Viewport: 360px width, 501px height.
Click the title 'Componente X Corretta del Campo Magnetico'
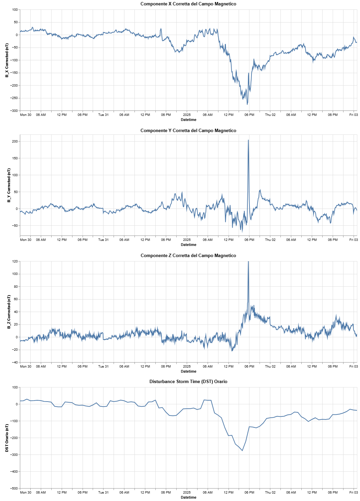click(x=188, y=4)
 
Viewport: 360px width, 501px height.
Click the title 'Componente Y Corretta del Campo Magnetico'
click(x=188, y=131)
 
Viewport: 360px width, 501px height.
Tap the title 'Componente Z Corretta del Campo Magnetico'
click(x=188, y=256)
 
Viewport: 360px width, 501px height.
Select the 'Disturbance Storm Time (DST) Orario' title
click(x=188, y=382)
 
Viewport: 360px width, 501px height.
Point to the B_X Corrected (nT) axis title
click(x=7, y=60)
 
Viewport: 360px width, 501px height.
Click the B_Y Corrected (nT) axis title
click(x=9, y=185)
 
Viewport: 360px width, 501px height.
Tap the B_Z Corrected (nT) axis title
click(x=9, y=312)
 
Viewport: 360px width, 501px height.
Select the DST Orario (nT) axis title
click(x=7, y=438)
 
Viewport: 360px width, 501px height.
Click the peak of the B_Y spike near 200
click(x=248, y=140)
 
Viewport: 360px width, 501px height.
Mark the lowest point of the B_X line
click(x=247, y=104)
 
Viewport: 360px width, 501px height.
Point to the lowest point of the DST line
click(x=242, y=450)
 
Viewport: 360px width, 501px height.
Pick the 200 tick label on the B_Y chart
click(x=14, y=142)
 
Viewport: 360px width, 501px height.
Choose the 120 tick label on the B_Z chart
click(x=14, y=261)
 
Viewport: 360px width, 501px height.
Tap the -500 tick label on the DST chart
click(x=14, y=489)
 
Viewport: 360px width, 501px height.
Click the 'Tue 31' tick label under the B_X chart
click(x=103, y=115)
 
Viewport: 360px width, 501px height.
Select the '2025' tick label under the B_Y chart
click(x=187, y=240)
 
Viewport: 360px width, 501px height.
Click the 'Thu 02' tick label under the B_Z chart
click(x=270, y=367)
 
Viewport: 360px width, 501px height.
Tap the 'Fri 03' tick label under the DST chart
click(x=354, y=493)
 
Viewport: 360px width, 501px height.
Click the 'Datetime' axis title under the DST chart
click(x=188, y=498)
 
